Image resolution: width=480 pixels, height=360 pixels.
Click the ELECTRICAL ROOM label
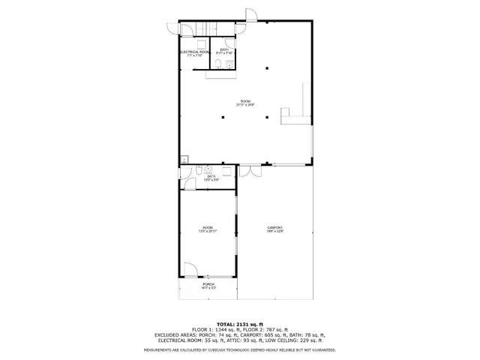pyautogui.click(x=193, y=52)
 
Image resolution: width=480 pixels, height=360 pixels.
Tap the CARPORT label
pyautogui.click(x=275, y=227)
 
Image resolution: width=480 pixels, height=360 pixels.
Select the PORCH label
pyautogui.click(x=208, y=284)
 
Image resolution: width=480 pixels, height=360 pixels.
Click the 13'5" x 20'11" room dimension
pyautogui.click(x=207, y=231)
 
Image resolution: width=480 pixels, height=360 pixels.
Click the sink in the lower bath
pyautogui.click(x=210, y=169)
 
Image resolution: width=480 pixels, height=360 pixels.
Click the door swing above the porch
pyautogui.click(x=190, y=268)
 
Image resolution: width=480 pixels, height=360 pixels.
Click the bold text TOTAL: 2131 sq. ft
pyautogui.click(x=239, y=324)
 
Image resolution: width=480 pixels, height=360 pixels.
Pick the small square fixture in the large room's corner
pyautogui.click(x=184, y=159)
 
